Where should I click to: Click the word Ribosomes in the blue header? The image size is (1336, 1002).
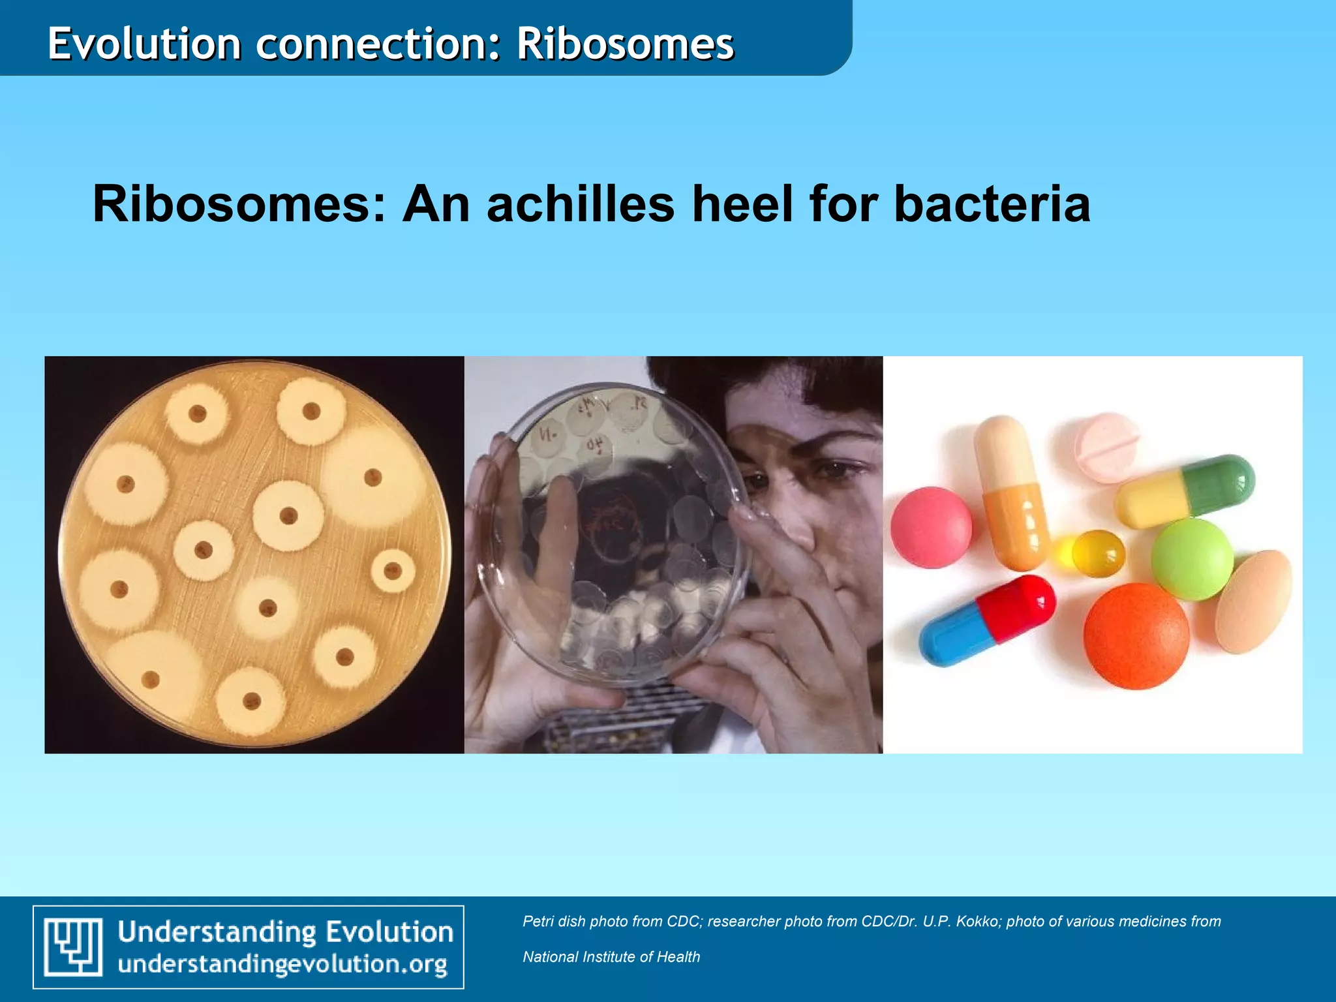point(625,44)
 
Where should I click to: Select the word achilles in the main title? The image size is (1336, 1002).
point(580,204)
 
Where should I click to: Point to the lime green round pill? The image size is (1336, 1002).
point(1192,560)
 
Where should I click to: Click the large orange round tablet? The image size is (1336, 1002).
point(1136,635)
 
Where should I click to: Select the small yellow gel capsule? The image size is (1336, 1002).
point(1097,554)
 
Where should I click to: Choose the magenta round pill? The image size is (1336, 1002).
point(931,527)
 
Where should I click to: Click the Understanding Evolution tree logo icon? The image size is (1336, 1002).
point(73,947)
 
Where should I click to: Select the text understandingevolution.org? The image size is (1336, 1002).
point(282,965)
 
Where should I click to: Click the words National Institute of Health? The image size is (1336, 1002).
point(611,957)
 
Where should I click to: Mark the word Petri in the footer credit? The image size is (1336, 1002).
point(538,921)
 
